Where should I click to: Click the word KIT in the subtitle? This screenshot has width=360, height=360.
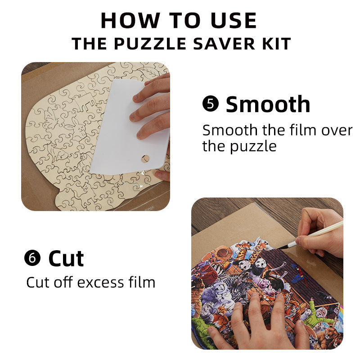276,44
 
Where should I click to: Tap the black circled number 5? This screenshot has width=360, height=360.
210,104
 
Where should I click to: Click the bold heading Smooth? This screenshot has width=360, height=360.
268,104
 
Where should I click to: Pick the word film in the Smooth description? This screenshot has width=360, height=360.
297,130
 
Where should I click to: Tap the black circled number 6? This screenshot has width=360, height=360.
32,258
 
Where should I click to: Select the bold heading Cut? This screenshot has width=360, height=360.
66,258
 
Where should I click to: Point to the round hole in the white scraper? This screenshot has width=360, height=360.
145,158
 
